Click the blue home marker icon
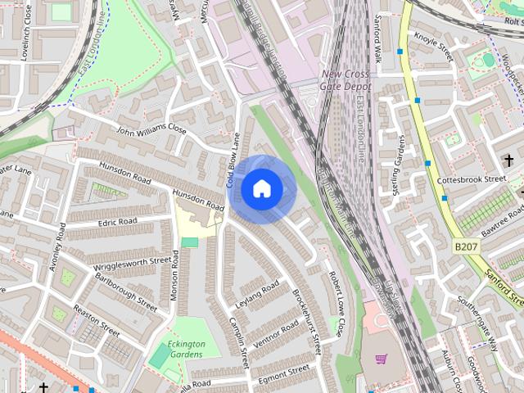[261, 189]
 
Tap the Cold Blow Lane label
[233, 160]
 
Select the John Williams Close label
[151, 129]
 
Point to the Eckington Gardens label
[186, 349]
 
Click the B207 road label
[466, 245]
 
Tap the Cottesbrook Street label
[472, 178]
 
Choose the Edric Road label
[116, 222]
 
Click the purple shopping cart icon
[381, 359]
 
